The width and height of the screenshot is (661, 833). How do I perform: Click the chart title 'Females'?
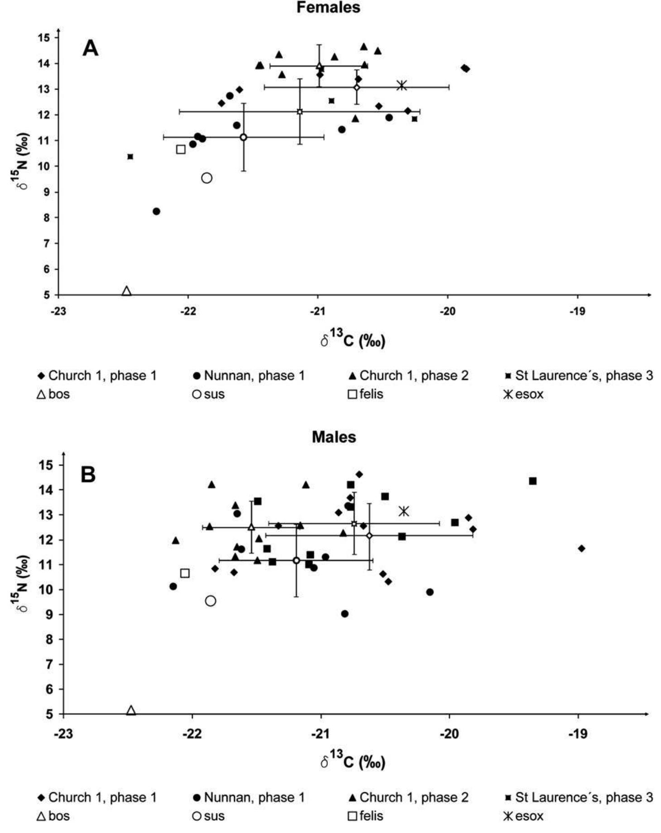[x=328, y=7]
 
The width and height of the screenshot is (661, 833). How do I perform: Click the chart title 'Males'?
[x=334, y=437]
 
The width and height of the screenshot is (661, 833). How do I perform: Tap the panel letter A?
[x=90, y=48]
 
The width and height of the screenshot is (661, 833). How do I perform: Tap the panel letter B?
[x=88, y=475]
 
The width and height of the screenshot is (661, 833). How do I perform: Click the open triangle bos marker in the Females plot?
[x=127, y=291]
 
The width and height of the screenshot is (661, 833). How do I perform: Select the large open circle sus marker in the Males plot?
[x=210, y=601]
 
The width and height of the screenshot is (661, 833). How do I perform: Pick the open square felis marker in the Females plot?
[x=181, y=149]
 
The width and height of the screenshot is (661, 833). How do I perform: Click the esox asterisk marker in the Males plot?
[x=404, y=511]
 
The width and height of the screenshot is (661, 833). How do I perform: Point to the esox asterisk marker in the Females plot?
[x=402, y=85]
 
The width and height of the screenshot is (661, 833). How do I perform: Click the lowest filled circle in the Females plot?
[x=156, y=211]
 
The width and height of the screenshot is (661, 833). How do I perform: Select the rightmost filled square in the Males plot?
[x=533, y=481]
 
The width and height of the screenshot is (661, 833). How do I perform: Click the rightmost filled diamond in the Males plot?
[x=582, y=549]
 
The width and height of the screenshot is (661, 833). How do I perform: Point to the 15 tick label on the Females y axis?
[x=45, y=38]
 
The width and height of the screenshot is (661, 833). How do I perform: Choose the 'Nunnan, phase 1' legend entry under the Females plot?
[x=249, y=376]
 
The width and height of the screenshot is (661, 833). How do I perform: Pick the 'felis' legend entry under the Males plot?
[x=366, y=816]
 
